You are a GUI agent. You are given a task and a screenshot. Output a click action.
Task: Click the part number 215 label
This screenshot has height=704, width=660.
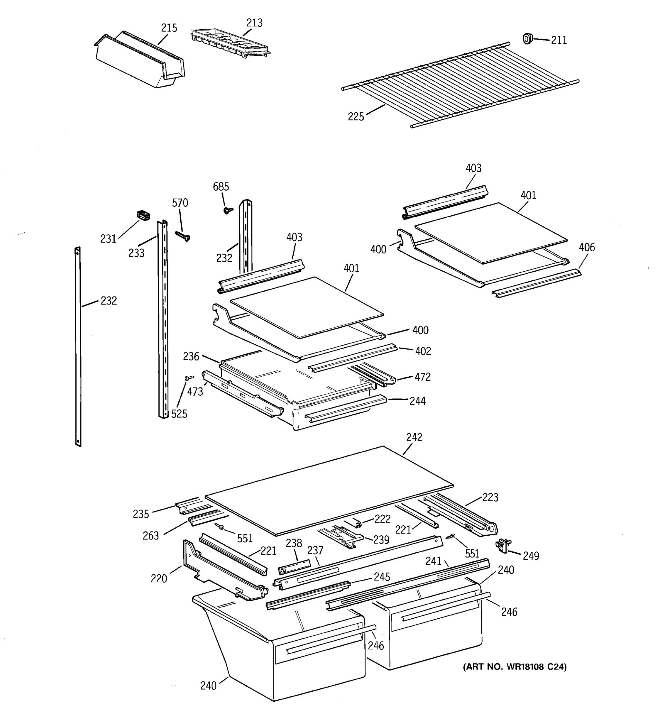169,28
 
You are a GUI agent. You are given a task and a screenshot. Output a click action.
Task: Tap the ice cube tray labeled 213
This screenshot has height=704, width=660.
230,44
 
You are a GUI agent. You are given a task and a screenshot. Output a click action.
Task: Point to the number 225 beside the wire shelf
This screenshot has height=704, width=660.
356,116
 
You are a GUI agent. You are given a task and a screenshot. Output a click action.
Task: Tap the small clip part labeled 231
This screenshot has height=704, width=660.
143,215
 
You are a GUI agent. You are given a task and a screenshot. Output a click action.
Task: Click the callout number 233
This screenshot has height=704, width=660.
136,253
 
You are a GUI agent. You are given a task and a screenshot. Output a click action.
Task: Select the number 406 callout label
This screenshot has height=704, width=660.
587,247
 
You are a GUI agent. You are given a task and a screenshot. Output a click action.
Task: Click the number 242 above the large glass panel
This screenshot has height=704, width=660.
414,437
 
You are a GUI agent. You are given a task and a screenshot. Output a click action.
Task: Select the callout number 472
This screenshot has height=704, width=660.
422,377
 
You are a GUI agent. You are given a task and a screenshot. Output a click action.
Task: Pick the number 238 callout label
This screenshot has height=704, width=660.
294,543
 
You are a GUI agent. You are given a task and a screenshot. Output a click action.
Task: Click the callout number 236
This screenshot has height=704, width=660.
191,356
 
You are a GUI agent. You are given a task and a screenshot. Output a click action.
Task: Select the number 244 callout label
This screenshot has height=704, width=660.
417,401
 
